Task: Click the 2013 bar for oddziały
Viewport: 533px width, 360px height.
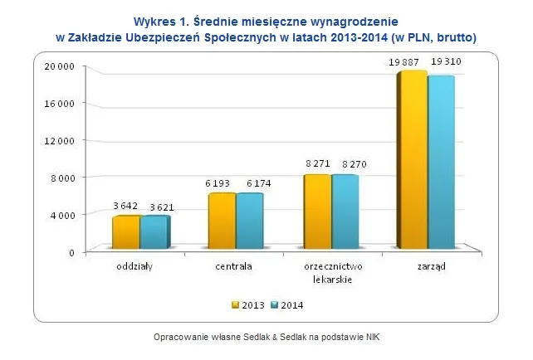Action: tap(125, 232)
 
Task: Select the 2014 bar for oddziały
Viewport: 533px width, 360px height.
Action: tap(154, 232)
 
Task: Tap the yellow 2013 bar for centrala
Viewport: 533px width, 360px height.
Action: tap(221, 221)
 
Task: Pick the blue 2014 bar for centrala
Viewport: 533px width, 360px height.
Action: tap(249, 221)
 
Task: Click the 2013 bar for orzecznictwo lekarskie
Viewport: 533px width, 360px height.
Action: tap(316, 212)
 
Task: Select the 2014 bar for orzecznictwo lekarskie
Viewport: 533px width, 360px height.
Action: tap(345, 212)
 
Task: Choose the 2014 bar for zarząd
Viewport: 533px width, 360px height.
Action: tap(441, 163)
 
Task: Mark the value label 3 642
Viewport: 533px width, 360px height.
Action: tap(125, 207)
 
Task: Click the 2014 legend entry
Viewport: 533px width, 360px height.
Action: tap(286, 305)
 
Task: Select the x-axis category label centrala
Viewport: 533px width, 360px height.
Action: tap(236, 267)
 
